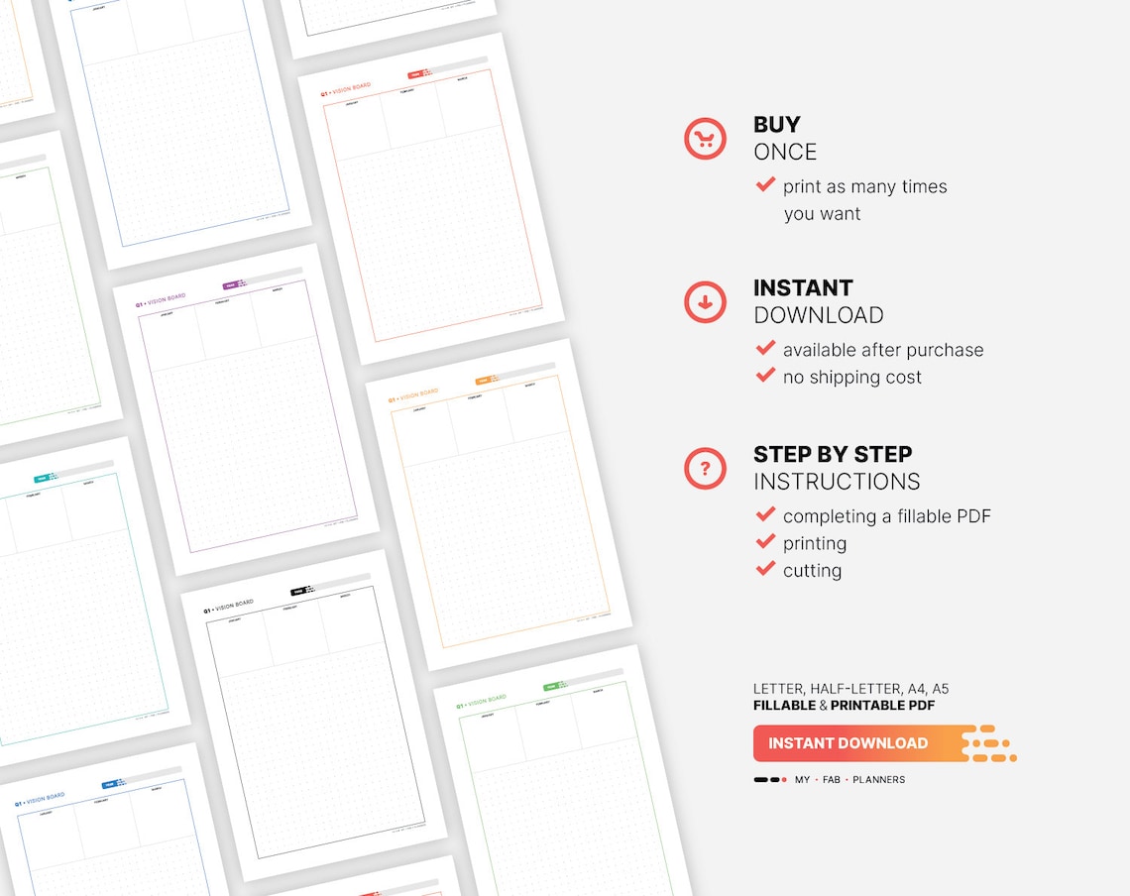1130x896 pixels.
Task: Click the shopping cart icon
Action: click(705, 139)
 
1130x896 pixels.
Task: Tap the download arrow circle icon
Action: click(705, 302)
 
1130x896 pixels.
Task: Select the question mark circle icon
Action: click(705, 468)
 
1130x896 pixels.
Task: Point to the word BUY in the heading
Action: click(776, 125)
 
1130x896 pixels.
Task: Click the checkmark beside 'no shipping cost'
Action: click(765, 376)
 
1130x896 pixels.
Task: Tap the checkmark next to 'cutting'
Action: click(765, 569)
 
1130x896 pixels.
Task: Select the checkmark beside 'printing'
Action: click(765, 542)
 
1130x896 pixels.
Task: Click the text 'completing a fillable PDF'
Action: click(886, 516)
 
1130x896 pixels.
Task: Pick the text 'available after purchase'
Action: click(882, 350)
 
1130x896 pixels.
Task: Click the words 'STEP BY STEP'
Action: click(832, 455)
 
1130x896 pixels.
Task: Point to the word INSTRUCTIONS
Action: click(836, 483)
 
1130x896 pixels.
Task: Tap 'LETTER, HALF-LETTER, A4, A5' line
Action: click(850, 689)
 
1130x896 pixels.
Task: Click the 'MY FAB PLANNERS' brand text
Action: click(848, 780)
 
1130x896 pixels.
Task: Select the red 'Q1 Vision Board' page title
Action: click(345, 91)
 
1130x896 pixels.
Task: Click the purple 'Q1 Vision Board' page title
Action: click(161, 300)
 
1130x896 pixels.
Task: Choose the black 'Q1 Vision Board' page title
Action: click(228, 607)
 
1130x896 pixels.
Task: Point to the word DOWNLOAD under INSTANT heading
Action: click(818, 315)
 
